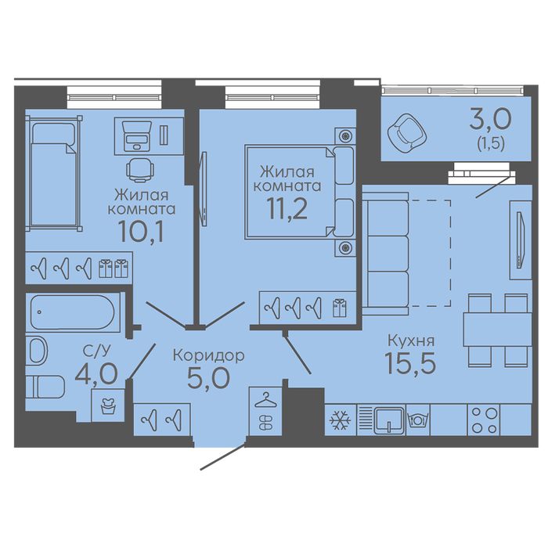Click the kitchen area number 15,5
410,362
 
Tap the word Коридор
209,356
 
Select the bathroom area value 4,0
96,373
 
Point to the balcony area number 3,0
490,120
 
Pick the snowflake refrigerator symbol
340,420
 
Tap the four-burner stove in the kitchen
484,420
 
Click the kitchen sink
389,420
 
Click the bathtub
72,312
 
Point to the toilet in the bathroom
45,388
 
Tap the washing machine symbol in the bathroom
108,406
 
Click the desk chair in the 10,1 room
140,170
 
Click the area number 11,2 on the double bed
287,208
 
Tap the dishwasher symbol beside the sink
417,420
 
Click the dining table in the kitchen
497,330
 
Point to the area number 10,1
141,231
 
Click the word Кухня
411,340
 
